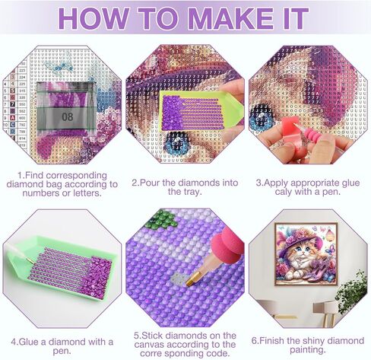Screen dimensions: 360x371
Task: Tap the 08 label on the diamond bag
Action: (x=68, y=117)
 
